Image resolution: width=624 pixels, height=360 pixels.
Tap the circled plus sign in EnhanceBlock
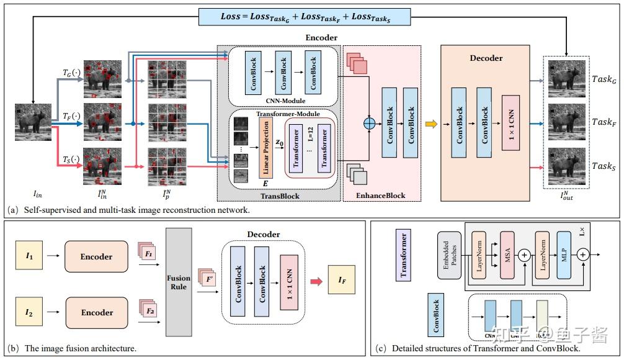click(370, 124)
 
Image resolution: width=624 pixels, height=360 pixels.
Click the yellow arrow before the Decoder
click(431, 124)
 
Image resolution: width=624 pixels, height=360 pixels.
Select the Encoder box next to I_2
click(96, 312)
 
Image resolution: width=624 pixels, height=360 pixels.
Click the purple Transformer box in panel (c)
click(403, 254)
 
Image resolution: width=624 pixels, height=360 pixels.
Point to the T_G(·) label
click(72, 73)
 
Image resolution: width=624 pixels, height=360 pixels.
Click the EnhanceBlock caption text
click(381, 196)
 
